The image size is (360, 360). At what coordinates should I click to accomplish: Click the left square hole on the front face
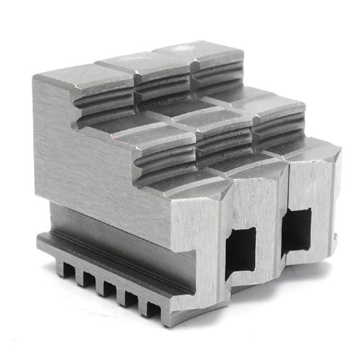tap(240, 249)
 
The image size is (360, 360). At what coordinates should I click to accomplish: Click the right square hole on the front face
tap(296, 230)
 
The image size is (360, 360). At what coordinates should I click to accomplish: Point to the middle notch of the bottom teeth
tap(109, 289)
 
